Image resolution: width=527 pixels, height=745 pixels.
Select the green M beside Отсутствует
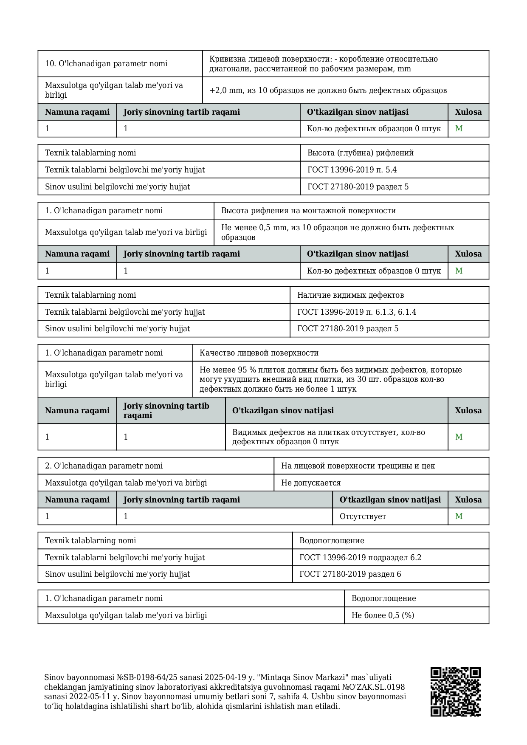click(459, 516)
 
